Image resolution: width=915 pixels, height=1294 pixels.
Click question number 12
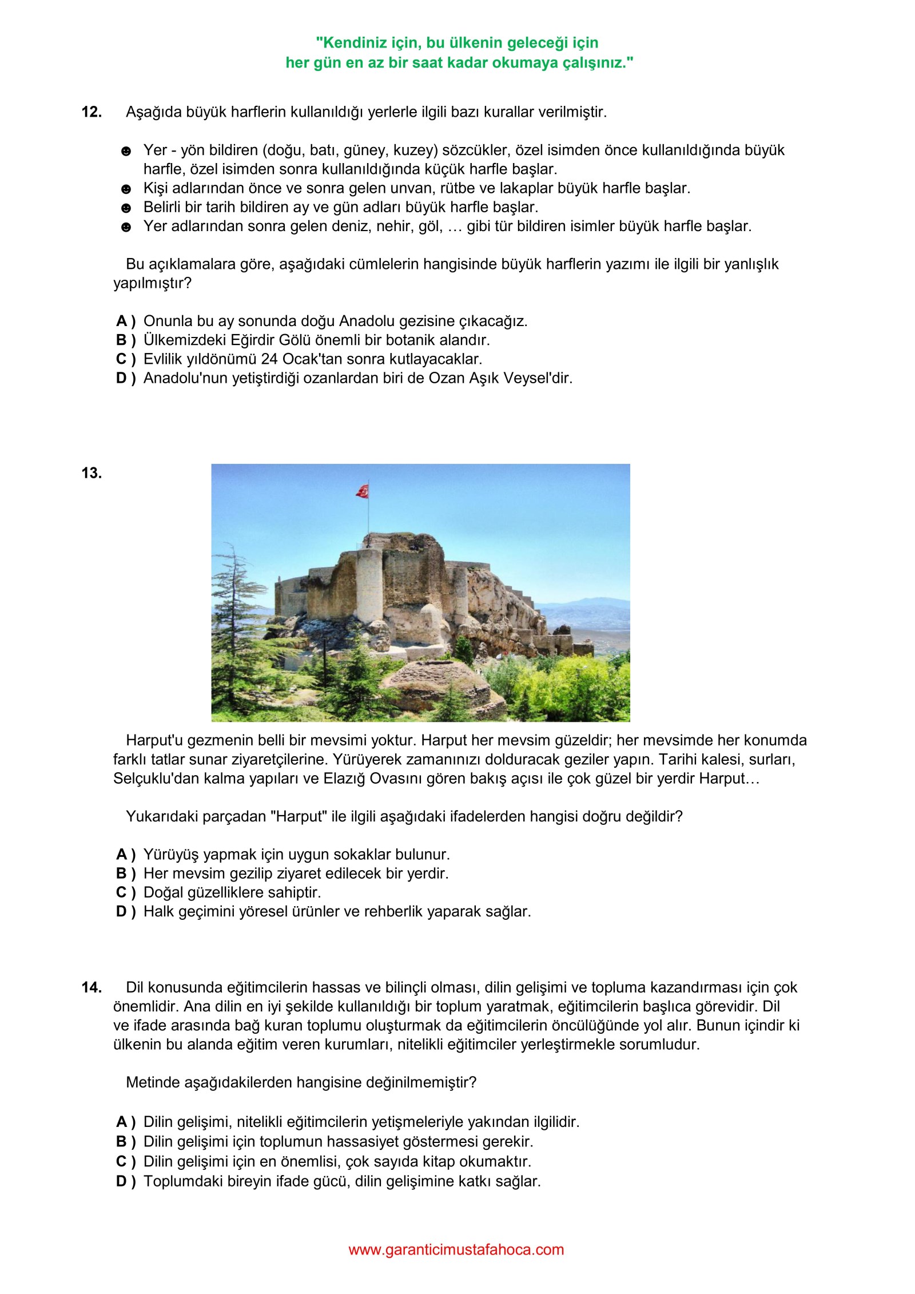[91, 112]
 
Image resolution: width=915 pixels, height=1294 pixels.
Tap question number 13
[91, 473]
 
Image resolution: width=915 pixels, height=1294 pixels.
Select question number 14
[91, 987]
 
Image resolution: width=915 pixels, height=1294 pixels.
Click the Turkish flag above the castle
[363, 491]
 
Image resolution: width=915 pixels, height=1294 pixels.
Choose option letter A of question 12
[122, 321]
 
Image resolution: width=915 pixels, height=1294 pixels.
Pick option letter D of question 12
[122, 378]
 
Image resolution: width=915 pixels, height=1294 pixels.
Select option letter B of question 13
[122, 874]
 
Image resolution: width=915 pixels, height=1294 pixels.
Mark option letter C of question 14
[122, 1161]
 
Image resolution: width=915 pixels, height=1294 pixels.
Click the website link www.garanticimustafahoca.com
[456, 1249]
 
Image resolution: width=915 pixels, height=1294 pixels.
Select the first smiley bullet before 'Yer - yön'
[126, 151]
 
